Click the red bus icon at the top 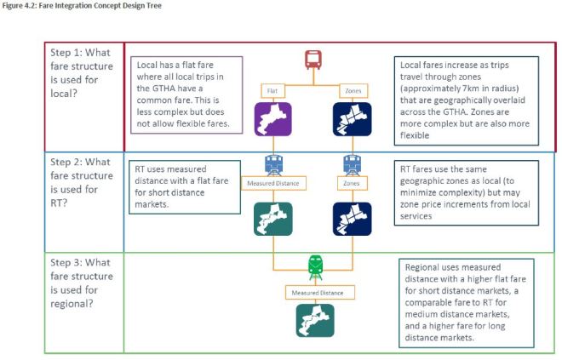coord(313,60)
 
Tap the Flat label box coord(272,89)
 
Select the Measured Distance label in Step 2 coord(272,183)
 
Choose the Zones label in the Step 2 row coord(351,183)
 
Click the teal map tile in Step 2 coord(272,218)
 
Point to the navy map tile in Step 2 coord(351,218)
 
